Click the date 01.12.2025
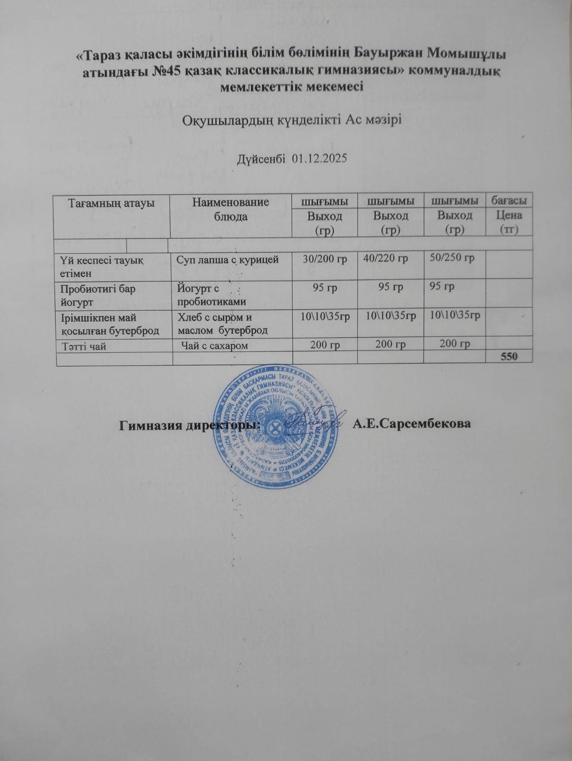point(320,158)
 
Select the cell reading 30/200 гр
point(325,260)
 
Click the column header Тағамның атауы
point(112,203)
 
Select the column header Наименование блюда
point(230,209)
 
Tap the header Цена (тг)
point(509,222)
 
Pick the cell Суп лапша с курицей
point(228,260)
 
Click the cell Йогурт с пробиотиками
point(211,295)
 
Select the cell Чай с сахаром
point(216,346)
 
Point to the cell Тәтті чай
point(84,346)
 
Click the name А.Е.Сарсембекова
point(412,424)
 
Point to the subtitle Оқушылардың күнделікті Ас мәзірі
point(292,119)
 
